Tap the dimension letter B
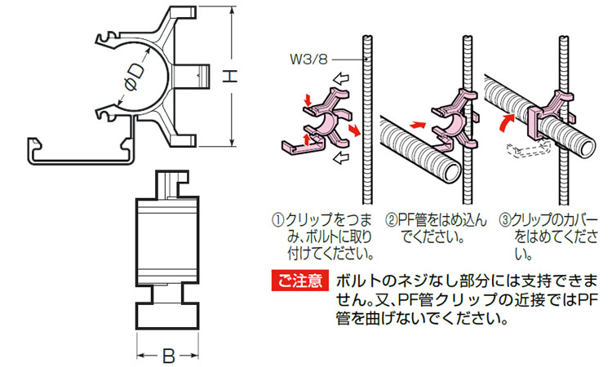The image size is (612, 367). [168, 356]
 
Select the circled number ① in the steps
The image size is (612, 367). [277, 220]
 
